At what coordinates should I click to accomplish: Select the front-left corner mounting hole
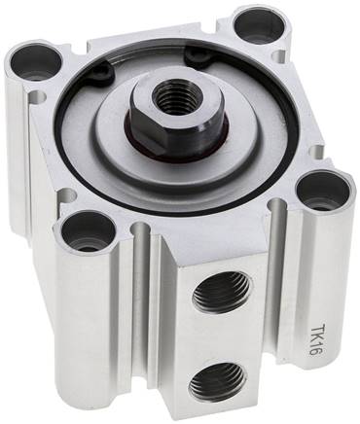90,233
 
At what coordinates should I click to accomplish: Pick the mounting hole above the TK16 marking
315,190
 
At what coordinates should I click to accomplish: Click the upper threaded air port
220,292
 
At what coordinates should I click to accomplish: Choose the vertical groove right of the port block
278,292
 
